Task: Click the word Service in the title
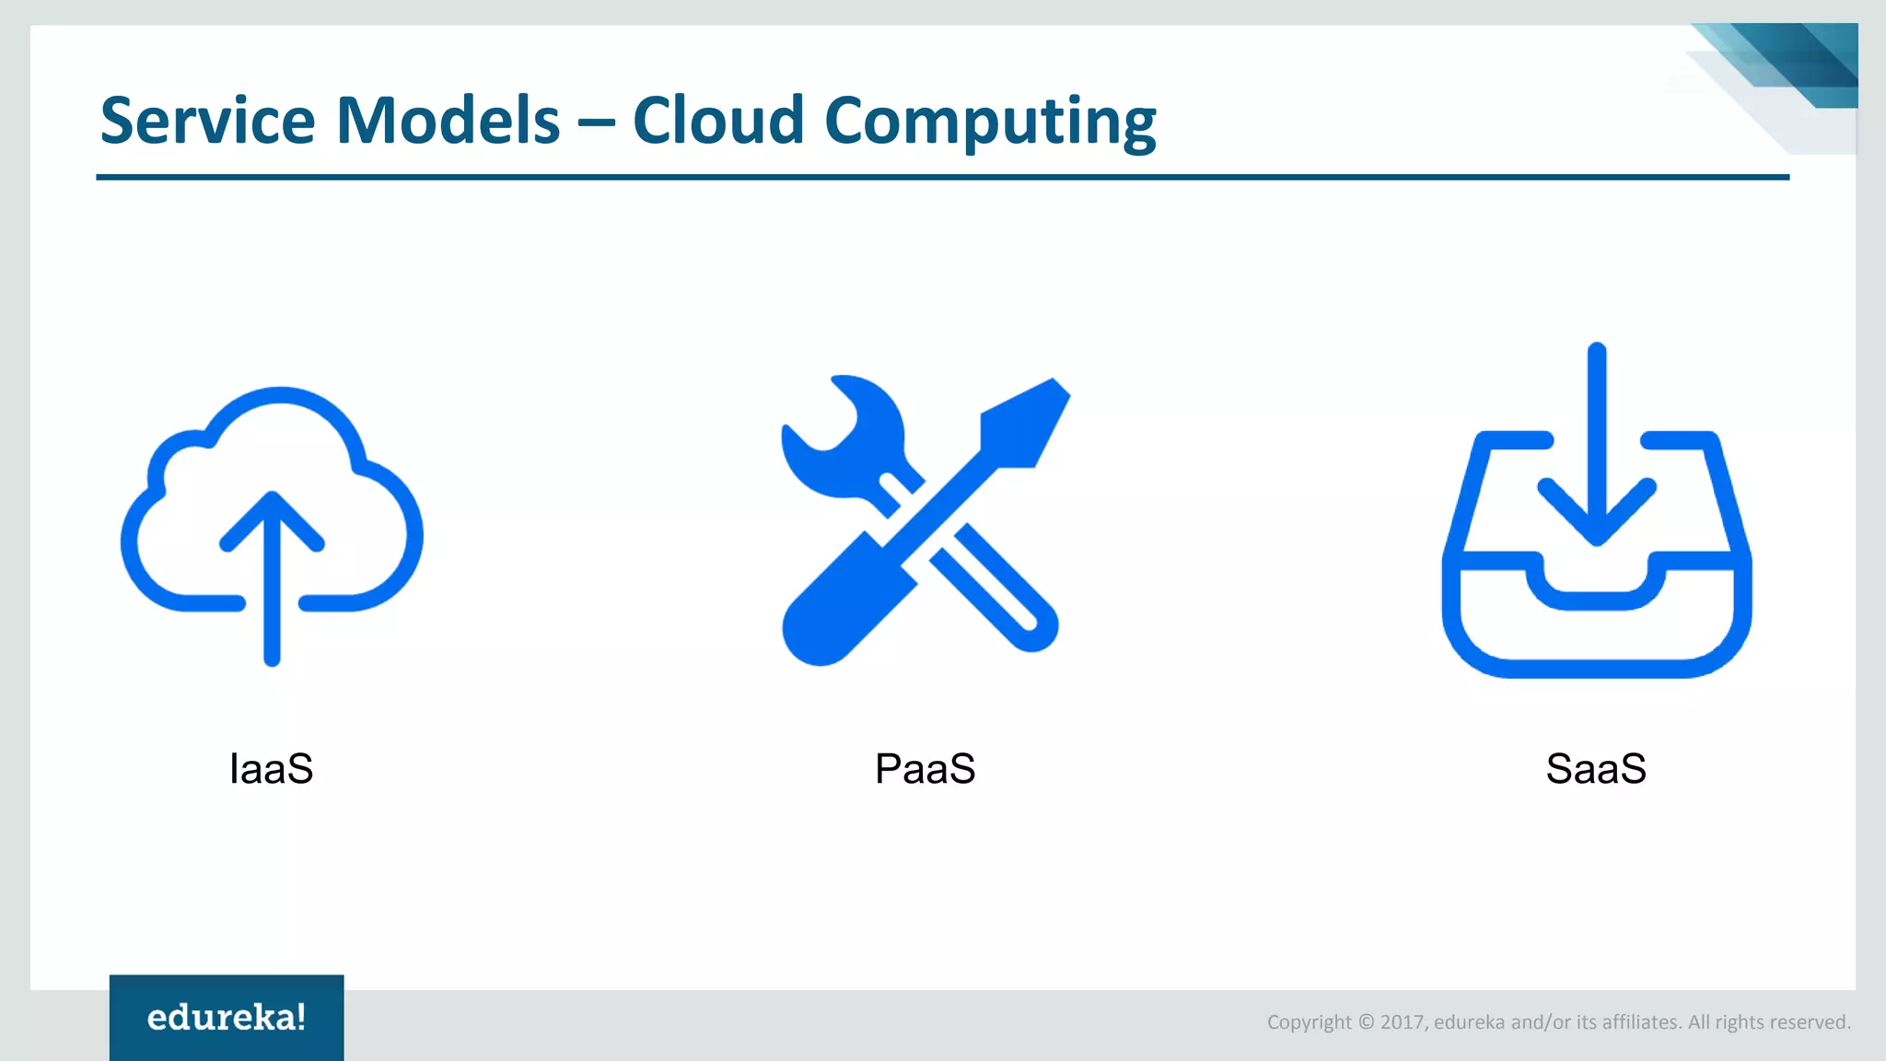click(207, 121)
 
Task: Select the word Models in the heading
click(448, 121)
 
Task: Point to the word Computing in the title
click(990, 122)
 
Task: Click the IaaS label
click(272, 769)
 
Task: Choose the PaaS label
click(925, 769)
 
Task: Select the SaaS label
click(1596, 769)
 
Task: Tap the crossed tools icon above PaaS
click(925, 520)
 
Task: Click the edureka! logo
click(227, 1018)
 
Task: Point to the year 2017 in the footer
click(1403, 1022)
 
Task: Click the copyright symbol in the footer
click(1366, 1022)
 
